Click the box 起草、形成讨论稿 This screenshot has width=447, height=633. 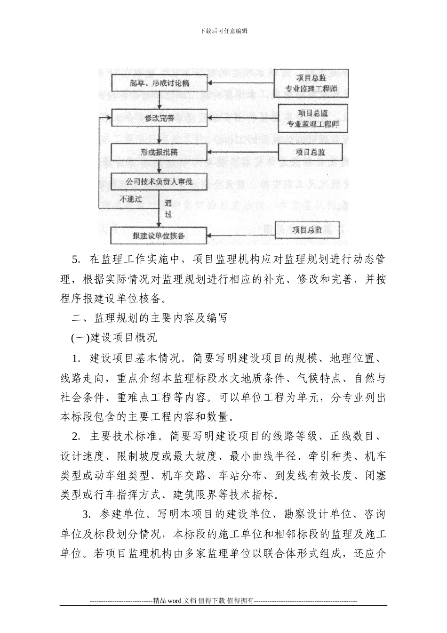coord(160,83)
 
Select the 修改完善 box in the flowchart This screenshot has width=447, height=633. coord(160,118)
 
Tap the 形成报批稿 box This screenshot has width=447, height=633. coord(160,152)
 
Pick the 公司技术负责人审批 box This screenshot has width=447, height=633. coord(160,180)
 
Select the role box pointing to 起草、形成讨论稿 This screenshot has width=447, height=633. coord(311,82)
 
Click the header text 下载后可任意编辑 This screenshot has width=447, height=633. coord(223,31)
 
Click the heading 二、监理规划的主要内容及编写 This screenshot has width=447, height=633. coord(151,318)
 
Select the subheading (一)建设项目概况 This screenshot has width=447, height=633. coord(114,338)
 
